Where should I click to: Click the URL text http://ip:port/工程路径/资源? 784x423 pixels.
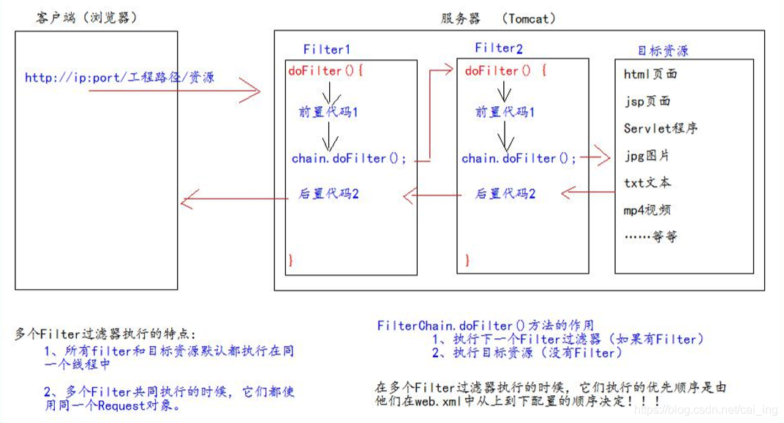(119, 77)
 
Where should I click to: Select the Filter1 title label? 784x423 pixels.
(327, 49)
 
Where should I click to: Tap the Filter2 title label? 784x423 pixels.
(500, 48)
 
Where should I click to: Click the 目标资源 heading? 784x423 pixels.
(663, 50)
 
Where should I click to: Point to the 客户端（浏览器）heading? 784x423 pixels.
(86, 18)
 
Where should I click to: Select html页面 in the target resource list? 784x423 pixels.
(650, 74)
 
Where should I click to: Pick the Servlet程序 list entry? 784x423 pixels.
(660, 128)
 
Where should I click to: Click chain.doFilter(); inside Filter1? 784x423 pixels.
(349, 158)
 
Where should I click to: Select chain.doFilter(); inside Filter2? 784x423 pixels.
(519, 158)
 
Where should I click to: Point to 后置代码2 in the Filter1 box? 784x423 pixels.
(328, 194)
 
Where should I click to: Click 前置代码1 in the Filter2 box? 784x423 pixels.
(505, 112)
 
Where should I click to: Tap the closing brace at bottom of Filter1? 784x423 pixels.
(291, 260)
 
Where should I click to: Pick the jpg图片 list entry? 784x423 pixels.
(647, 155)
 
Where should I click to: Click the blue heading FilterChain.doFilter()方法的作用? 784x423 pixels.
(486, 325)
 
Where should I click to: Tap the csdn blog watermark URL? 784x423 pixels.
(706, 411)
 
